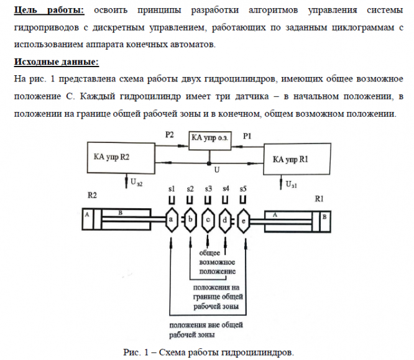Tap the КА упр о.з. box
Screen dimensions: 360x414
[209, 139]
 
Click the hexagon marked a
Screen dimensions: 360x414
[170, 219]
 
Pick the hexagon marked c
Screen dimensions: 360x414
[208, 219]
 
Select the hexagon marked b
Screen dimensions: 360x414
[190, 219]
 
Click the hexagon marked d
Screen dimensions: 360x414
[226, 219]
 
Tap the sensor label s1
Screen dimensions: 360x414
[172, 188]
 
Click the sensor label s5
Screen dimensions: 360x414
[243, 188]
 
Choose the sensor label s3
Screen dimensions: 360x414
[208, 188]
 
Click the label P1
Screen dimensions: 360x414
[247, 134]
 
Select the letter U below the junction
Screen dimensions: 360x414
[216, 170]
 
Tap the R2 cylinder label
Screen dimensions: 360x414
[92, 195]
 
